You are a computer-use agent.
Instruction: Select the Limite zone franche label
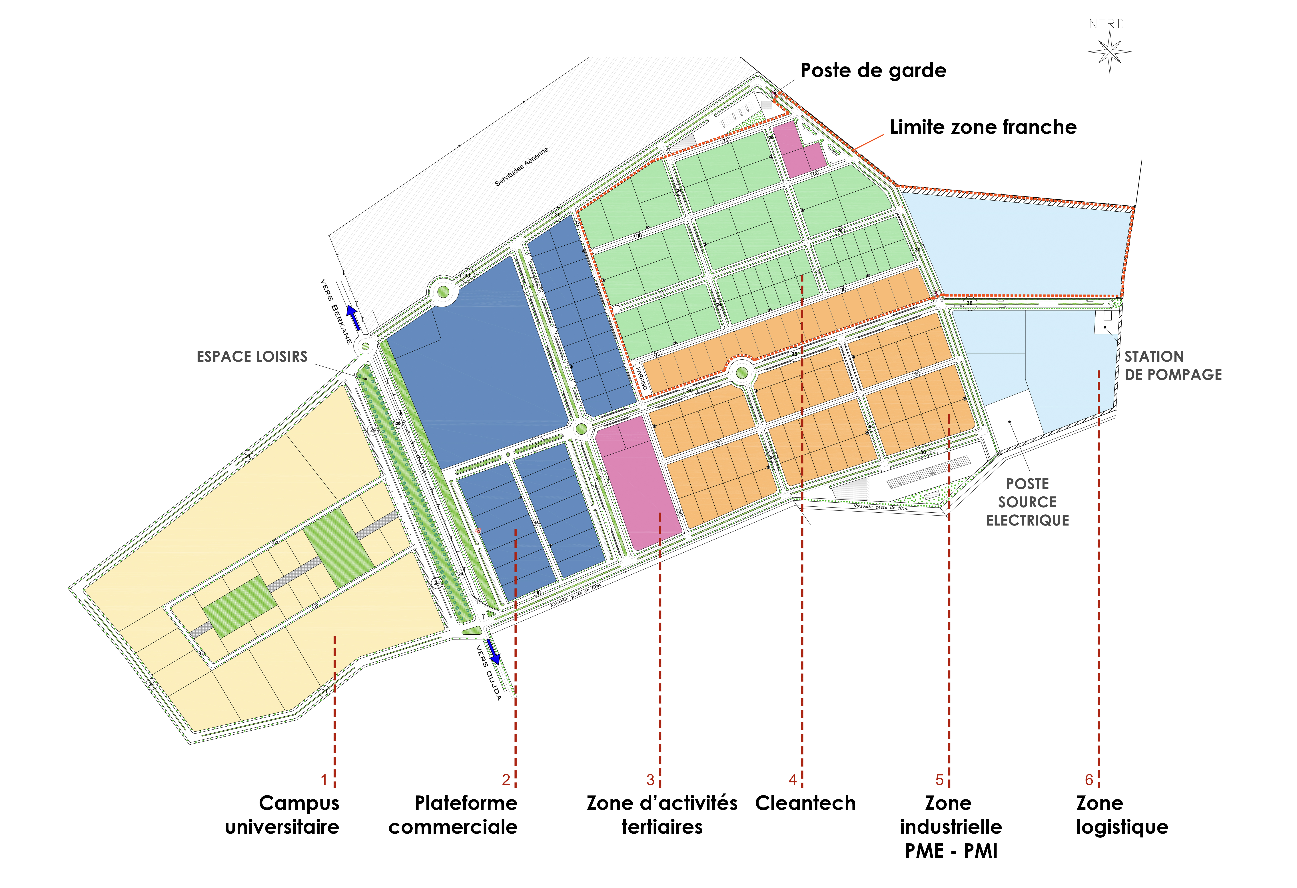coord(983,127)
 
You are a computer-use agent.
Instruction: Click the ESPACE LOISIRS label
coord(252,357)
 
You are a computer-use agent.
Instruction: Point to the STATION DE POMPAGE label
coord(1172,366)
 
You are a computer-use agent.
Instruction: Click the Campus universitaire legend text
coord(282,815)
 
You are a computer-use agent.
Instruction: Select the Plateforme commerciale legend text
coord(453,815)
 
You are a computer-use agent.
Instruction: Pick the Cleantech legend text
coord(805,803)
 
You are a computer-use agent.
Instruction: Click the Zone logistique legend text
coord(1122,815)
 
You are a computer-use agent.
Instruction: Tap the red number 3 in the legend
coord(650,780)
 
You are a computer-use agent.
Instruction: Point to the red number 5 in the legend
coord(939,780)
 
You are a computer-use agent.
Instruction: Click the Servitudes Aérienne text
coord(522,166)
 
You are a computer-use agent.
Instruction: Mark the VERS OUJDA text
coord(488,673)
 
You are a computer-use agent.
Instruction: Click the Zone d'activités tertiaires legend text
coord(662,815)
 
